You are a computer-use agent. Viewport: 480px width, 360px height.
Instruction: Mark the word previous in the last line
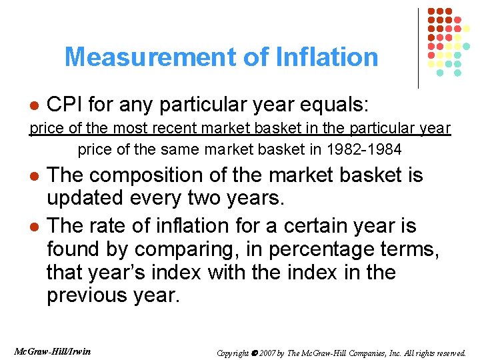[x=89, y=295]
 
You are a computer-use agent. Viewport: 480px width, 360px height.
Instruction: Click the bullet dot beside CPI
[x=35, y=106]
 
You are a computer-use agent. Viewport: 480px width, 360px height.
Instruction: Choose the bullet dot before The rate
[x=35, y=227]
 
